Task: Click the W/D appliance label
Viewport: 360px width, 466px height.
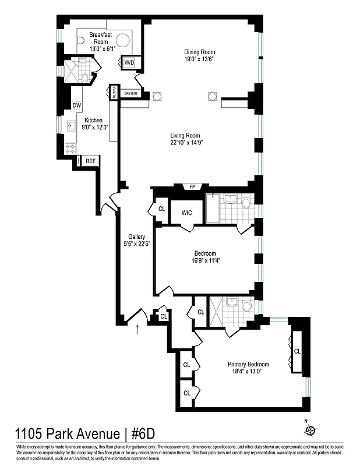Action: tap(128, 62)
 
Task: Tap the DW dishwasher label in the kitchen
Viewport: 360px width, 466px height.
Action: tap(77, 105)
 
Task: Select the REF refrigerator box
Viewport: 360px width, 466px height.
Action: tap(90, 161)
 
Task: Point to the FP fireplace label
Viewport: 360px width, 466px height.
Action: tap(192, 187)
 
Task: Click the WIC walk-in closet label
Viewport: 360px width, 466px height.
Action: tap(186, 213)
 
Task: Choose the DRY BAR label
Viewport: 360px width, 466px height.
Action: tap(130, 94)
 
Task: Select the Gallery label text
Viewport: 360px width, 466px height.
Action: tap(136, 236)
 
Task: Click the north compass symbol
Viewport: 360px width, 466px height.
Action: tap(310, 430)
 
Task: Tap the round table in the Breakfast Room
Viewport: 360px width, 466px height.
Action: tap(122, 41)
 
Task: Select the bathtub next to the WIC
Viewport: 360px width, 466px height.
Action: tap(213, 209)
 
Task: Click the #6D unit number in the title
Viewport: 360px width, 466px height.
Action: tap(140, 435)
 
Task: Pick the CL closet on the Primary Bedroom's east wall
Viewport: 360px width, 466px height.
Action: tap(297, 351)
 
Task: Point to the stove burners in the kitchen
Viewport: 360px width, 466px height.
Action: tap(70, 149)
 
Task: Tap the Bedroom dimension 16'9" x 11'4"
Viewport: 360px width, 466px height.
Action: tap(205, 261)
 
